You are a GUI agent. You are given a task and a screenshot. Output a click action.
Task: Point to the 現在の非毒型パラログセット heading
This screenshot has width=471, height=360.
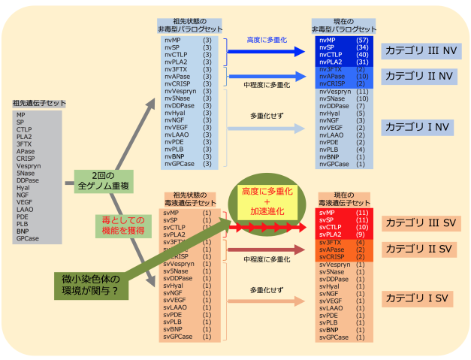pyautogui.click(x=343, y=26)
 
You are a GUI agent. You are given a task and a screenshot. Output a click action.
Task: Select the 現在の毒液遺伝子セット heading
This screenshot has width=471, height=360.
pyautogui.click(x=343, y=201)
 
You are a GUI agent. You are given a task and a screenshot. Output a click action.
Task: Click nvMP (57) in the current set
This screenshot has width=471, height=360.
pyautogui.click(x=343, y=39)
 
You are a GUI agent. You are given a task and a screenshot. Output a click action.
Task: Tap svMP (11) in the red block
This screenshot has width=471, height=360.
pyautogui.click(x=343, y=213)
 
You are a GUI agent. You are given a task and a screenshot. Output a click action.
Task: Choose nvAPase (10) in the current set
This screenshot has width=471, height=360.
pyautogui.click(x=343, y=76)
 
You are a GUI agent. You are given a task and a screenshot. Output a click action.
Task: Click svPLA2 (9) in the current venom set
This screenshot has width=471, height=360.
pyautogui.click(x=343, y=234)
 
